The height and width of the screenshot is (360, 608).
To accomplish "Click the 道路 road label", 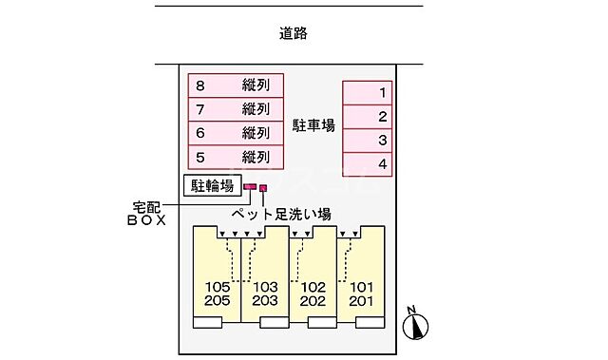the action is coord(294,34).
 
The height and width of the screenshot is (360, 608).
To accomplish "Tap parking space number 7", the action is coord(236,109).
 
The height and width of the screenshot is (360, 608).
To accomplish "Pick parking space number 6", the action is coord(236,133).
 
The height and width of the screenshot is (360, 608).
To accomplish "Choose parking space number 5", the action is coord(236,157).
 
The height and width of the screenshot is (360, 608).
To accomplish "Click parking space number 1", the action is coord(367,93).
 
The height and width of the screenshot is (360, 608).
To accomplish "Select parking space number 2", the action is coord(367,117).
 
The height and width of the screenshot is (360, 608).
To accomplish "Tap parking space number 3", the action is coord(367,141).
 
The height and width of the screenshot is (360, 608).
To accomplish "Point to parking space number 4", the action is coord(367,164).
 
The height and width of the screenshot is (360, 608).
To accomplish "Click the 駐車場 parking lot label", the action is coord(313,125).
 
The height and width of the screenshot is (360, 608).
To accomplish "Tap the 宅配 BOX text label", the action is coord(148,212).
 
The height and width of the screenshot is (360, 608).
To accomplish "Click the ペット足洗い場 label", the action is coord(282,213).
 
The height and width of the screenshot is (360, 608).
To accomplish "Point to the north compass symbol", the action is coord(414,324).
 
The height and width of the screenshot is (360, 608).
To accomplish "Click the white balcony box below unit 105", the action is coord(207,323).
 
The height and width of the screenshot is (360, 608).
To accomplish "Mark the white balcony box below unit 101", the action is coord(371,323).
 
